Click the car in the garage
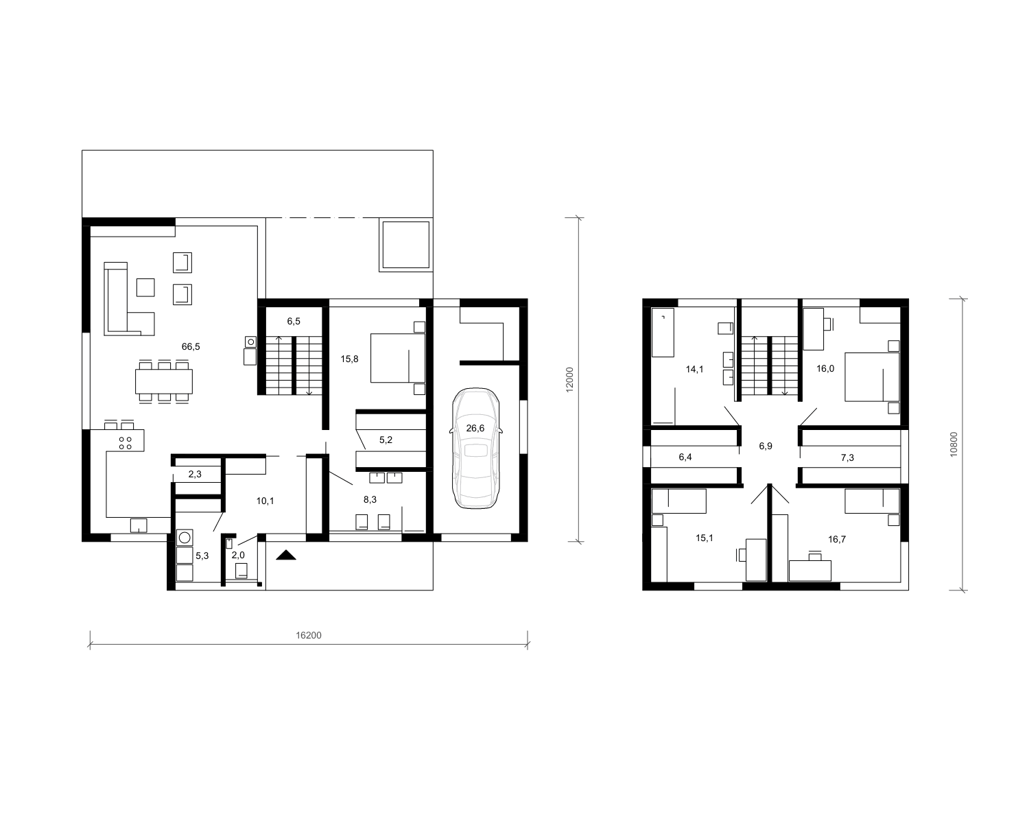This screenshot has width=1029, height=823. click(475, 448)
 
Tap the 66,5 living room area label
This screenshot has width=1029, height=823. click(191, 347)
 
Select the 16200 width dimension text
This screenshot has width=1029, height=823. click(309, 635)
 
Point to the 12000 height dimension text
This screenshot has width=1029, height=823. click(569, 380)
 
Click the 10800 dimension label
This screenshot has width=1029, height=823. click(954, 444)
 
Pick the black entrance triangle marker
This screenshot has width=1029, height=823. click(286, 555)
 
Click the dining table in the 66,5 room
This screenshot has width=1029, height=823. click(164, 381)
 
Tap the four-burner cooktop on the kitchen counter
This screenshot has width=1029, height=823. click(126, 443)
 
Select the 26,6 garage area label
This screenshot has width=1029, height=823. click(475, 428)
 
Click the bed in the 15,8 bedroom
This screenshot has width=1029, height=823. click(398, 358)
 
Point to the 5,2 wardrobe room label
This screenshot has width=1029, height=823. click(386, 440)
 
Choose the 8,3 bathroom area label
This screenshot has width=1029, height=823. click(370, 500)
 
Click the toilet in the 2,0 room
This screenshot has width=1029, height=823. click(241, 571)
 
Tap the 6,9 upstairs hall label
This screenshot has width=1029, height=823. click(766, 446)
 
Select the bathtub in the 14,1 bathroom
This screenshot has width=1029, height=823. click(663, 333)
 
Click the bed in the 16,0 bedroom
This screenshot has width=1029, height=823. click(872, 377)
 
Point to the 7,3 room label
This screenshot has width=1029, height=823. click(847, 457)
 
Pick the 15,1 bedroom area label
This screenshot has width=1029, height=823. click(705, 538)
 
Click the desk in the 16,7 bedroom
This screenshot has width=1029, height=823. click(810, 571)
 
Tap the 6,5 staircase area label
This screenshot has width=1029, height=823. click(294, 322)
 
